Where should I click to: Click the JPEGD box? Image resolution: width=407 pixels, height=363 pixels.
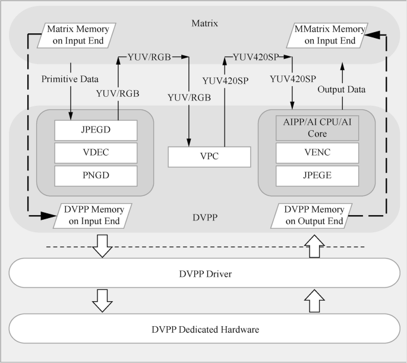pos(96,129)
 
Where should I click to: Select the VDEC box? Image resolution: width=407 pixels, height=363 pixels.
pos(96,152)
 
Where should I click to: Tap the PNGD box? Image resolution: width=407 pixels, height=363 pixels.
pos(96,175)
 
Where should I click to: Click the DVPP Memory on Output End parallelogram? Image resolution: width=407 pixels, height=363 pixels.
pos(314,216)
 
